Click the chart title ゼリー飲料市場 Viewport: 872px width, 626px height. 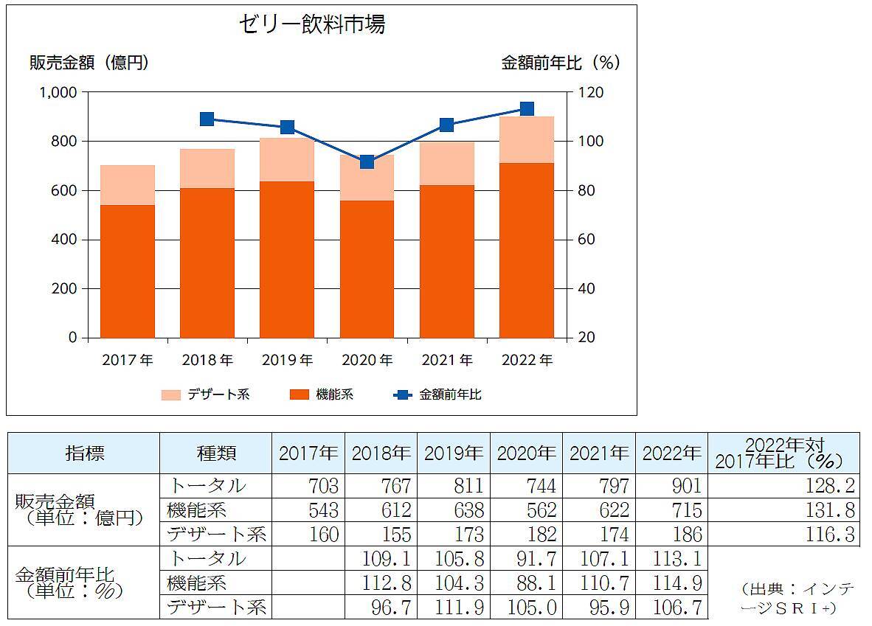click(311, 25)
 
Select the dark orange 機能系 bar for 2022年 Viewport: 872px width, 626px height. click(526, 251)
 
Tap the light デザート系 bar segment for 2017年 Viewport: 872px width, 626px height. click(128, 185)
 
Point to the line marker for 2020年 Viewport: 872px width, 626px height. click(367, 162)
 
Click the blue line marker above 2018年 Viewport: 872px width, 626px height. click(207, 119)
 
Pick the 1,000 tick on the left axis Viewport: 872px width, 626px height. click(58, 92)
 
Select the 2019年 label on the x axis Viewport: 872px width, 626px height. click(287, 361)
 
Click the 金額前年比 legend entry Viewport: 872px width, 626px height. click(438, 394)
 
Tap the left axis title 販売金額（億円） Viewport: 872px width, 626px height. click(89, 63)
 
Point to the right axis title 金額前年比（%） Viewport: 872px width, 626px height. click(561, 63)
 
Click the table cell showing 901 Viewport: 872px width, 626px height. click(671, 486)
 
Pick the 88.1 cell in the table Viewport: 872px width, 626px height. click(525, 583)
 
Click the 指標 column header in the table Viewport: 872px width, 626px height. click(83, 453)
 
